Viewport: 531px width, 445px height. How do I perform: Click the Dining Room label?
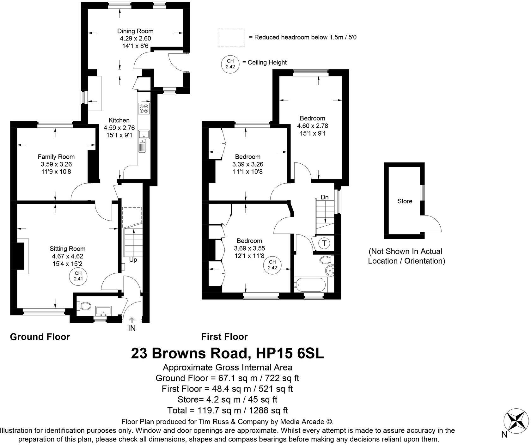[135, 31]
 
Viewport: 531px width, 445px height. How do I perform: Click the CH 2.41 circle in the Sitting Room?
[78, 276]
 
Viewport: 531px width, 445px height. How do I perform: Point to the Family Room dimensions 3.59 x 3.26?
[56, 164]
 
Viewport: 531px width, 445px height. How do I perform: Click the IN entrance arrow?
[132, 320]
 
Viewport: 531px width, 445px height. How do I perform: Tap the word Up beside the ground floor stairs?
[133, 260]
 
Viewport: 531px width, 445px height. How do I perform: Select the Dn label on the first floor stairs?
[325, 197]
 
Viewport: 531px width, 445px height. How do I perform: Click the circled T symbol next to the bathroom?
[324, 243]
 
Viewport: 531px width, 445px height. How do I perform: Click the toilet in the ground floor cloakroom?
[85, 306]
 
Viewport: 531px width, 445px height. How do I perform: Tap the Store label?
[405, 201]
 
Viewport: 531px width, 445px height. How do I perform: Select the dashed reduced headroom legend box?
[231, 38]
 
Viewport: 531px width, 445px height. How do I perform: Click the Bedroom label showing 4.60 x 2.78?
[312, 118]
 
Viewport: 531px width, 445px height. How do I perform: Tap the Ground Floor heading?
[40, 337]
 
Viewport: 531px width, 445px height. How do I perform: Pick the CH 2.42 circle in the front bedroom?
[272, 265]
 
